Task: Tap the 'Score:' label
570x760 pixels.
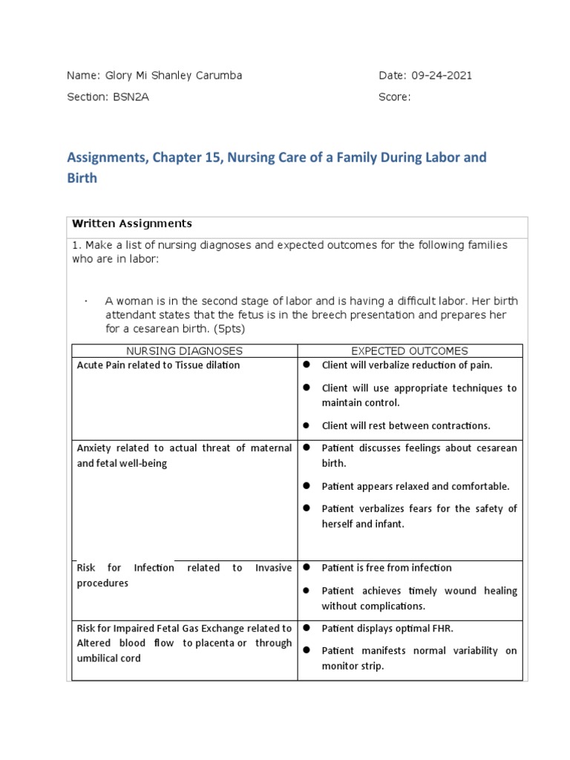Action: click(394, 97)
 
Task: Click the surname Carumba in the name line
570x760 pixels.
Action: click(214, 76)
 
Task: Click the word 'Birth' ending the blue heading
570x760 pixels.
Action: click(82, 179)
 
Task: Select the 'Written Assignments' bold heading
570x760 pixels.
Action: click(132, 223)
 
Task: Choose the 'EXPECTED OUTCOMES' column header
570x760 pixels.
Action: click(409, 351)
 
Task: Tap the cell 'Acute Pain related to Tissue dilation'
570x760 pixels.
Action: click(158, 365)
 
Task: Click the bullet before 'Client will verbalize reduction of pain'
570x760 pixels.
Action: click(306, 365)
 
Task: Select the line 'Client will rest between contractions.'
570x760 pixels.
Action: click(406, 426)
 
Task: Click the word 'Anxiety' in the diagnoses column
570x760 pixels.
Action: click(94, 448)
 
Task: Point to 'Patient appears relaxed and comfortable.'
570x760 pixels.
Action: click(415, 486)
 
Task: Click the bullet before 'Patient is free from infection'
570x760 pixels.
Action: click(306, 568)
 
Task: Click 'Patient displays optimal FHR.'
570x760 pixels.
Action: click(387, 628)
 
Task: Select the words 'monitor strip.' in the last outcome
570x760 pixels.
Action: click(353, 666)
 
